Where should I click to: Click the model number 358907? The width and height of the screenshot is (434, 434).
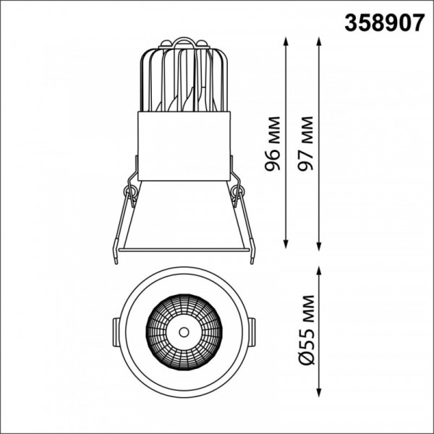pos(385,23)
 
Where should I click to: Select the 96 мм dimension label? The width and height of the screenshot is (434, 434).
pos(273,144)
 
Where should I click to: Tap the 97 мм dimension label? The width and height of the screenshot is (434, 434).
pos(305,143)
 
